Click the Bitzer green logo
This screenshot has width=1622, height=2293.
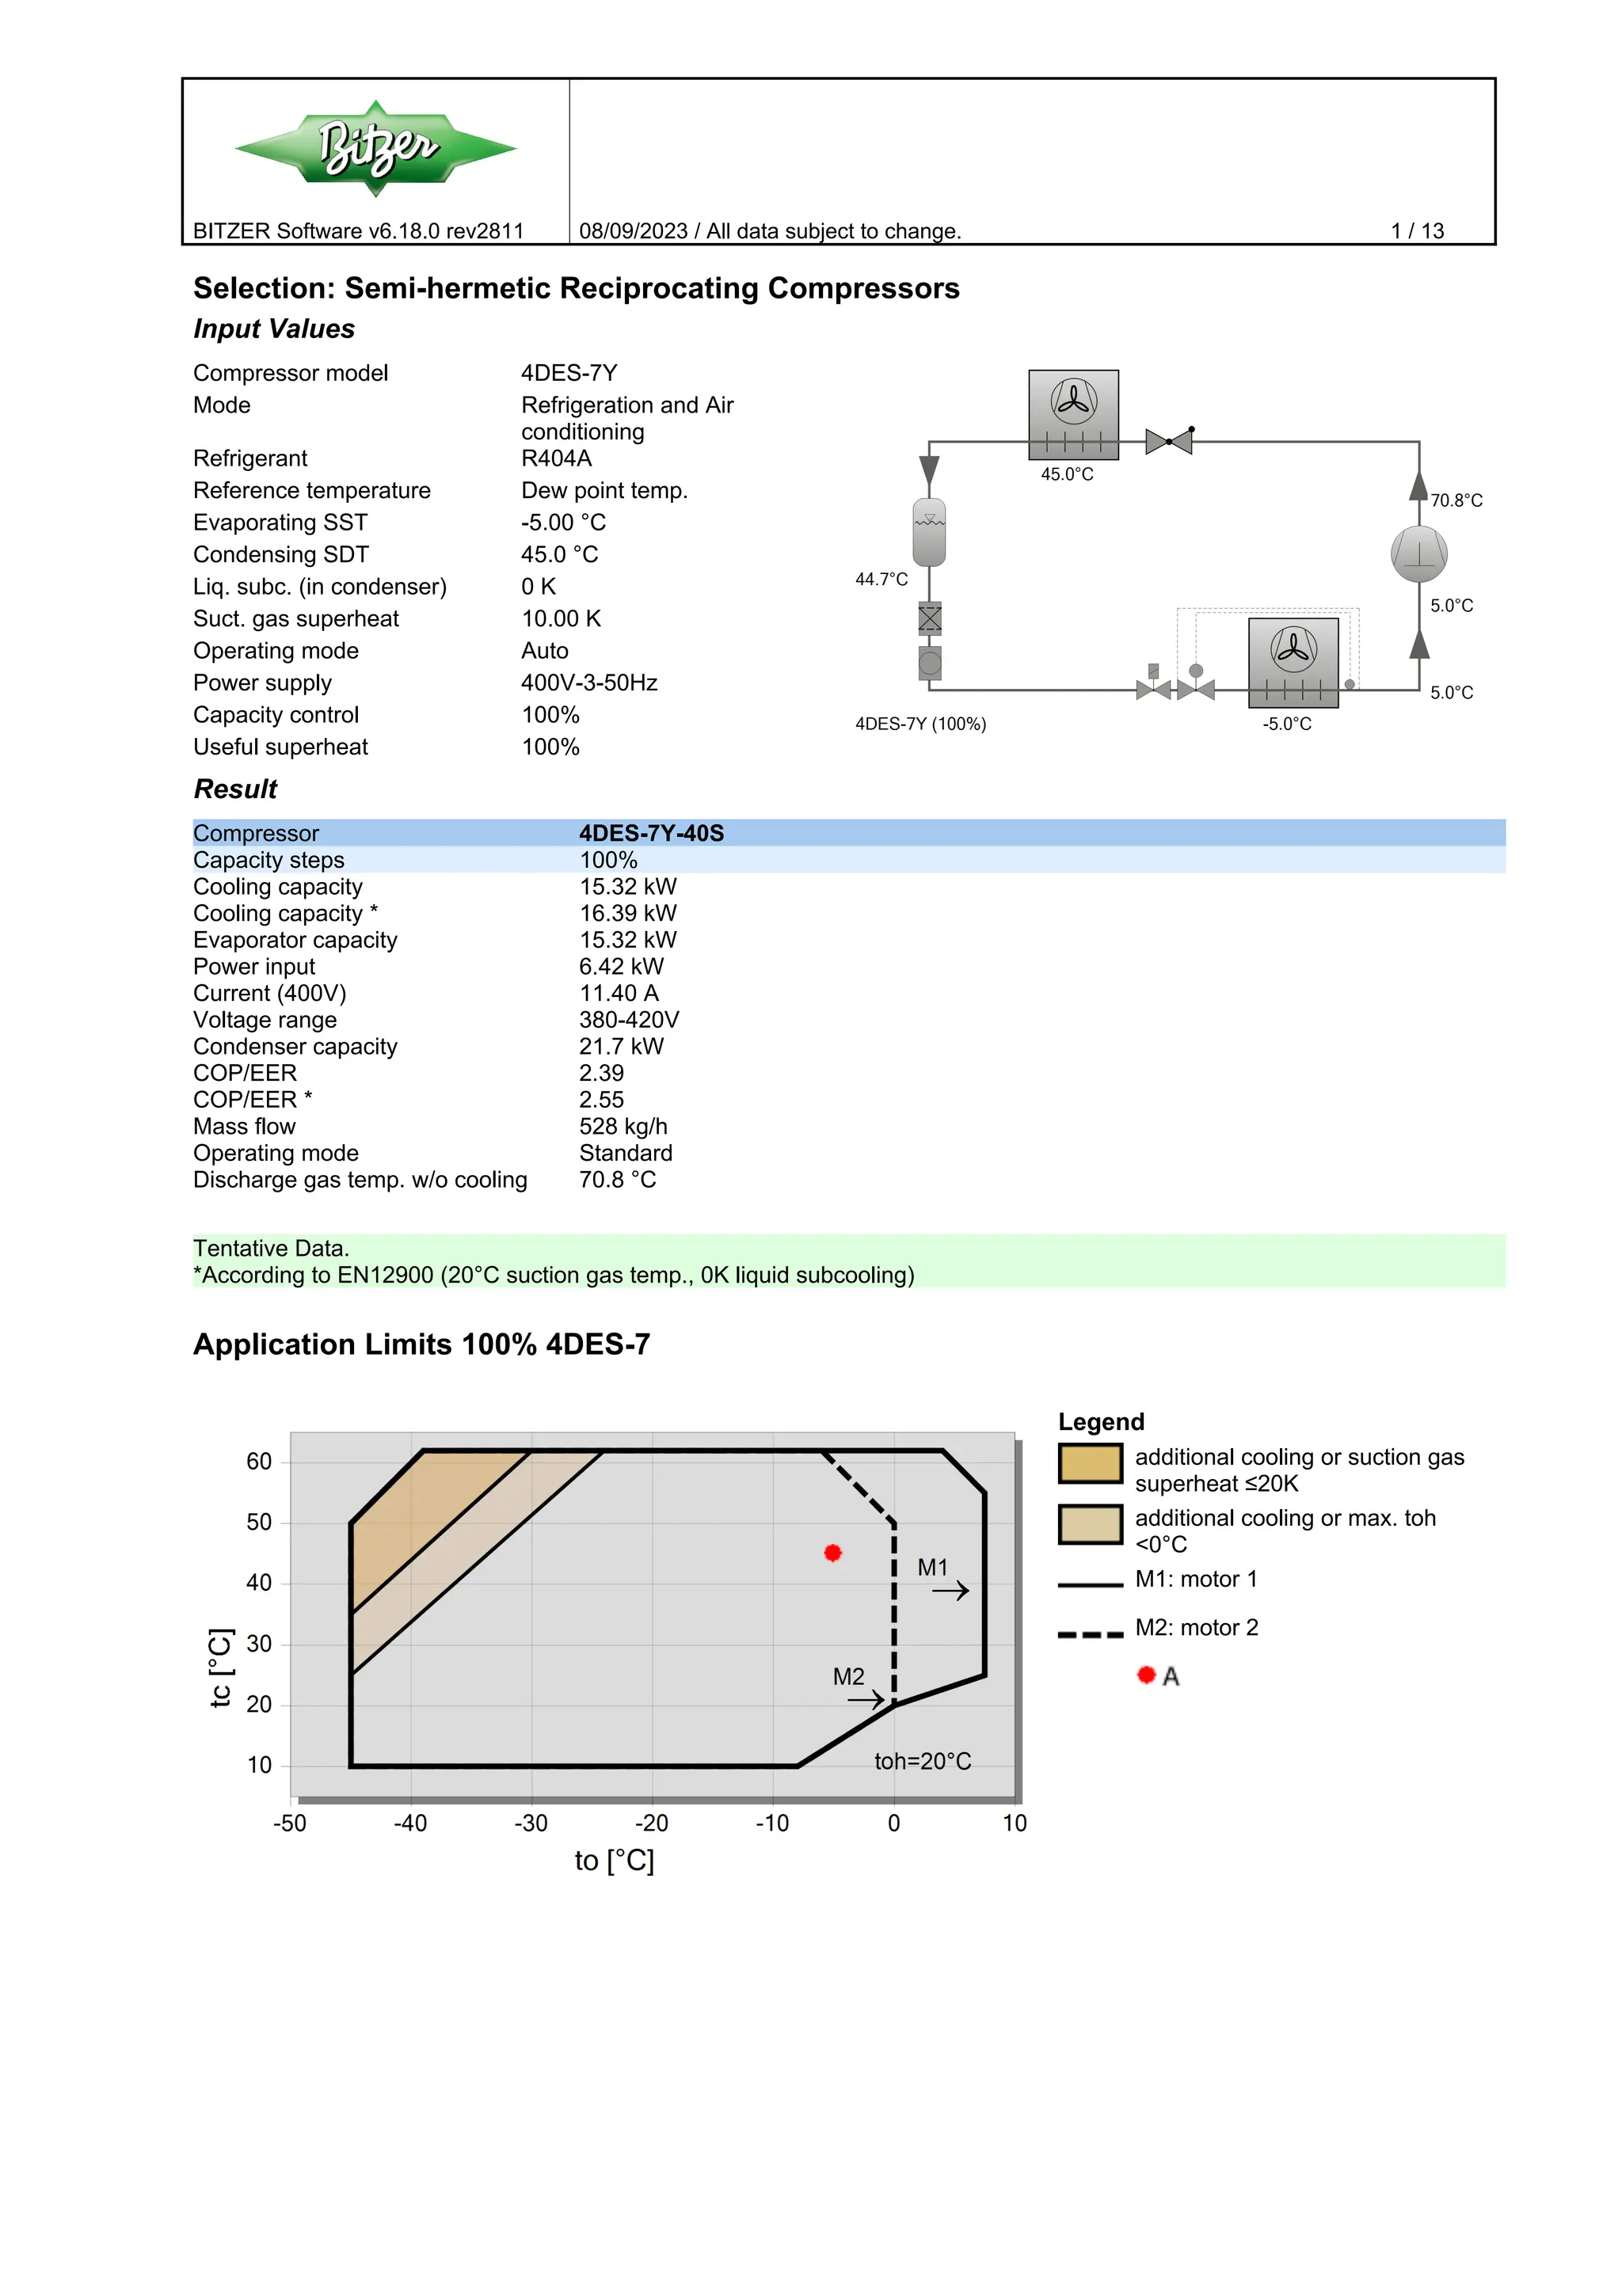(x=375, y=148)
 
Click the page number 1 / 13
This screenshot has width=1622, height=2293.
(x=1416, y=230)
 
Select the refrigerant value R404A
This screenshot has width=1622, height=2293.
(x=556, y=458)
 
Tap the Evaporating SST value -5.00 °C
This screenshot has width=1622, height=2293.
(x=563, y=523)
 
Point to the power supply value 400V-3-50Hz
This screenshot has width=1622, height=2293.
(x=588, y=683)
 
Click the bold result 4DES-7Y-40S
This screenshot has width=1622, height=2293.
(x=651, y=833)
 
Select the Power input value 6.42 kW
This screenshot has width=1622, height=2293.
(x=620, y=967)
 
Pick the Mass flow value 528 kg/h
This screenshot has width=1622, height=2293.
(x=623, y=1127)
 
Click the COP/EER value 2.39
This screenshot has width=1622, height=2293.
(x=601, y=1074)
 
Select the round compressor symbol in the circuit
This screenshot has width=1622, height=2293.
(x=1418, y=554)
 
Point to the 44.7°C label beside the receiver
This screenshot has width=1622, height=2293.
(x=881, y=580)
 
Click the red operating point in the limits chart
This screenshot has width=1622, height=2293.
(x=833, y=1552)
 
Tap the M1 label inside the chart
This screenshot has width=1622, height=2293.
(x=932, y=1568)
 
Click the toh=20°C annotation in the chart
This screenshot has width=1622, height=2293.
(x=922, y=1761)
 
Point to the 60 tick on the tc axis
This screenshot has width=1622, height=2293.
(x=259, y=1462)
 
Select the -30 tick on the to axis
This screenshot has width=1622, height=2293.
(x=531, y=1823)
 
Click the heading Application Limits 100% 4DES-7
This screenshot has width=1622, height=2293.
(x=421, y=1344)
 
